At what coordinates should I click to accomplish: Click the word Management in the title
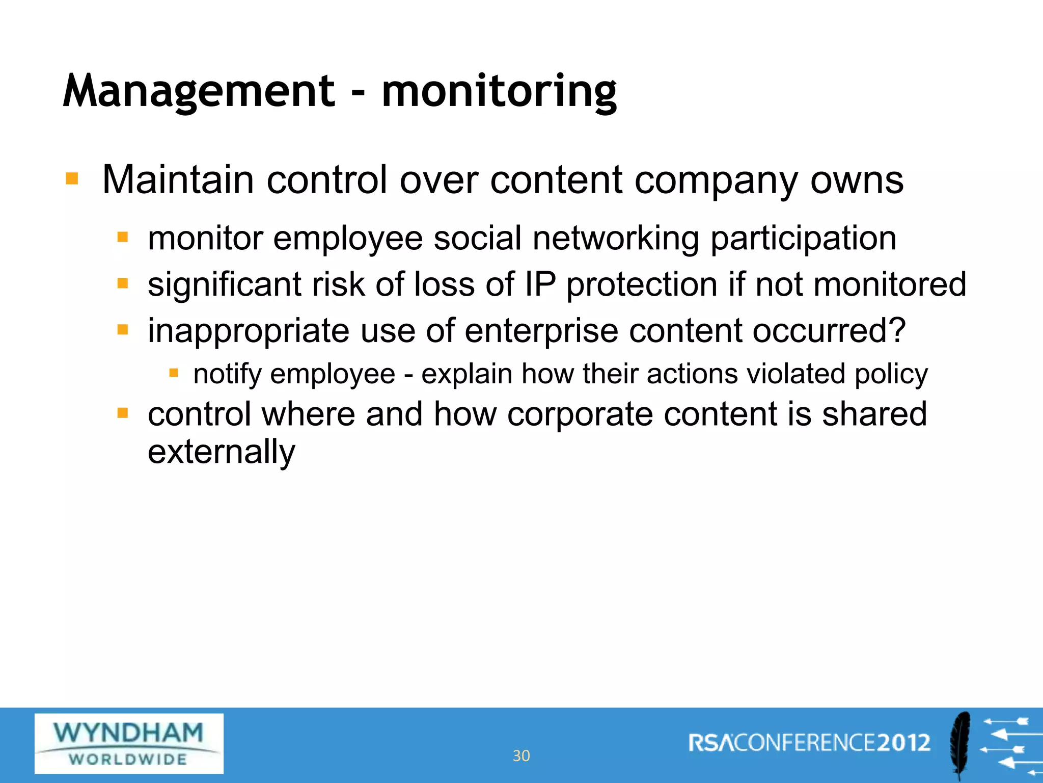point(199,92)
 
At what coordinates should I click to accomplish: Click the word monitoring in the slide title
point(499,92)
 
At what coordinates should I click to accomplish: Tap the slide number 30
point(521,755)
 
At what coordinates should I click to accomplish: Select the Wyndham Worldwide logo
point(129,744)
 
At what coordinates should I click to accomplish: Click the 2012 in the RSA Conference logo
point(903,743)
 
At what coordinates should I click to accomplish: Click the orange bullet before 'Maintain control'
point(72,179)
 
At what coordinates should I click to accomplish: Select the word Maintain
point(178,180)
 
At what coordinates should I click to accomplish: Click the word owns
point(857,180)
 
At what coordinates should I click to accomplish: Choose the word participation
point(803,239)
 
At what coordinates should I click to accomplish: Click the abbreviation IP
point(540,284)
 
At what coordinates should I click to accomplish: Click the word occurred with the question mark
point(829,331)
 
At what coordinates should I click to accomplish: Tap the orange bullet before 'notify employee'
point(174,374)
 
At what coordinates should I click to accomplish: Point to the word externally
point(221,452)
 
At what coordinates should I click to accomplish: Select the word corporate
point(580,413)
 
